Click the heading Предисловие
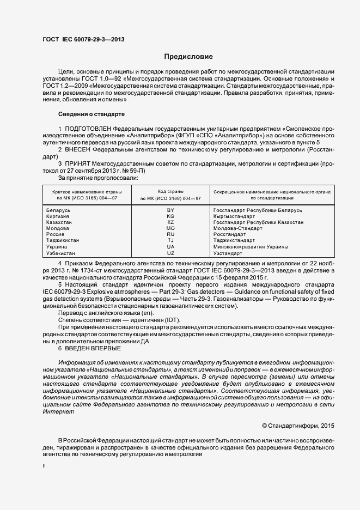(188, 57)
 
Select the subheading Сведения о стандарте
(91, 114)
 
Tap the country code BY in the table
(170, 210)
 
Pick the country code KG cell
(170, 216)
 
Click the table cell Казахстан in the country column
(60, 222)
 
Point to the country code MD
(170, 228)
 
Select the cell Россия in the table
(56, 234)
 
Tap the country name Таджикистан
(63, 240)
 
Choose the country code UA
(170, 247)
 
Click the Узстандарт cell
(228, 253)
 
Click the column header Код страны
(170, 192)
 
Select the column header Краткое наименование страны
(87, 192)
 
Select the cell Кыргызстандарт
(235, 216)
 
